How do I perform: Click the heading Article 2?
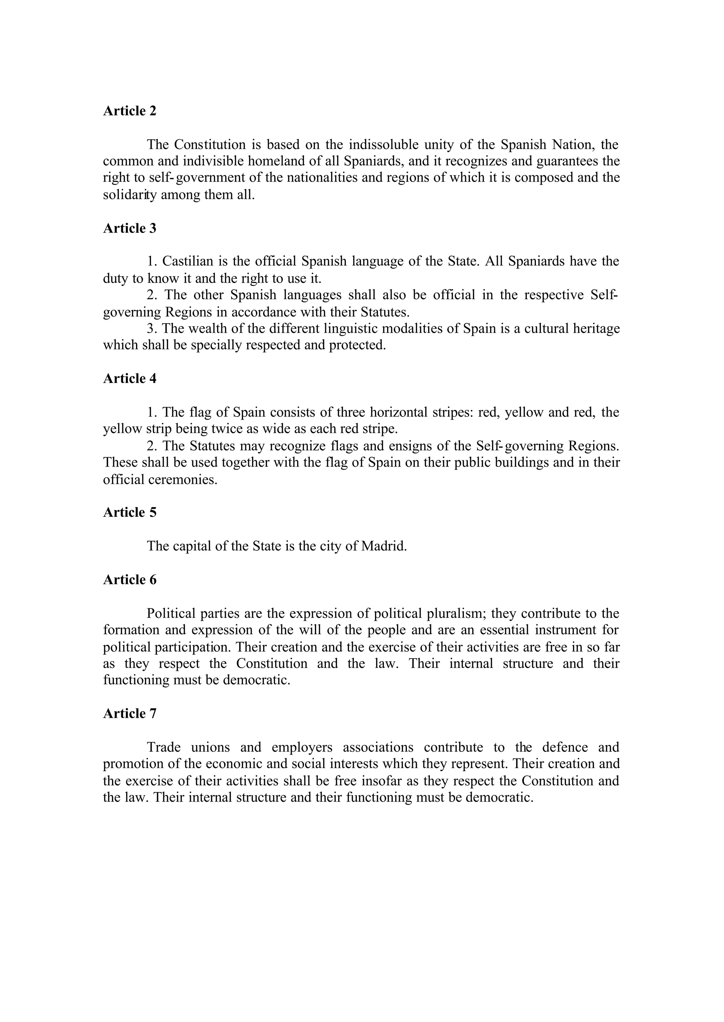click(x=130, y=111)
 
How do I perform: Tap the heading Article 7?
click(x=130, y=713)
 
